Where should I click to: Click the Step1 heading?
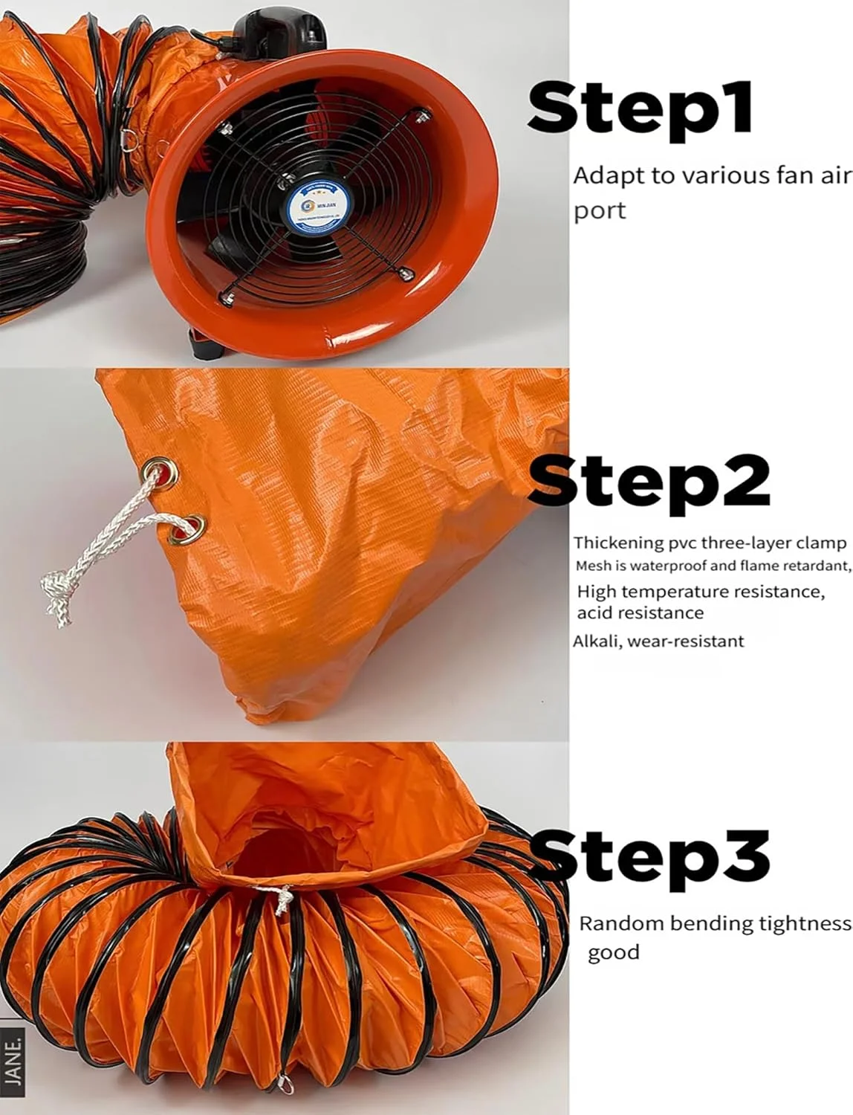640,109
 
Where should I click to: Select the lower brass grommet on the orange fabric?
185,529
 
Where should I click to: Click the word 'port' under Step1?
600,211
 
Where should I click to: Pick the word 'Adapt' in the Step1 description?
606,177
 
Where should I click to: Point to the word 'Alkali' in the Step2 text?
596,641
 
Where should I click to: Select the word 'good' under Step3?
613,953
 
